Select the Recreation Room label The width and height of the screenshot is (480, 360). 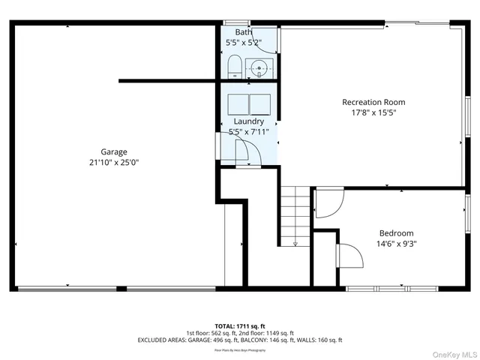[373, 102]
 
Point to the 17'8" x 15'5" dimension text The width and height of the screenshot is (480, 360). [373, 113]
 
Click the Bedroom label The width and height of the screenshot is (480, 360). [395, 233]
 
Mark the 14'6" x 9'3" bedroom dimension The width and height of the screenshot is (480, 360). [395, 244]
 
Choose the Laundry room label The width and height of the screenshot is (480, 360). [248, 121]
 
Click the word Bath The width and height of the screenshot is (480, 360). [244, 32]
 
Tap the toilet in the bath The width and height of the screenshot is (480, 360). [233, 66]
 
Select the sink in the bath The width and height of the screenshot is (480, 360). [260, 67]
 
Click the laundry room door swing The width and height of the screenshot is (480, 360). [247, 154]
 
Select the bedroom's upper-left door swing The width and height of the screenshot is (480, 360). [328, 202]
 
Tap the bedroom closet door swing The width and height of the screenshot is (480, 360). [350, 256]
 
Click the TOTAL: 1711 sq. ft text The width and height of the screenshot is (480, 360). [239, 325]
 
